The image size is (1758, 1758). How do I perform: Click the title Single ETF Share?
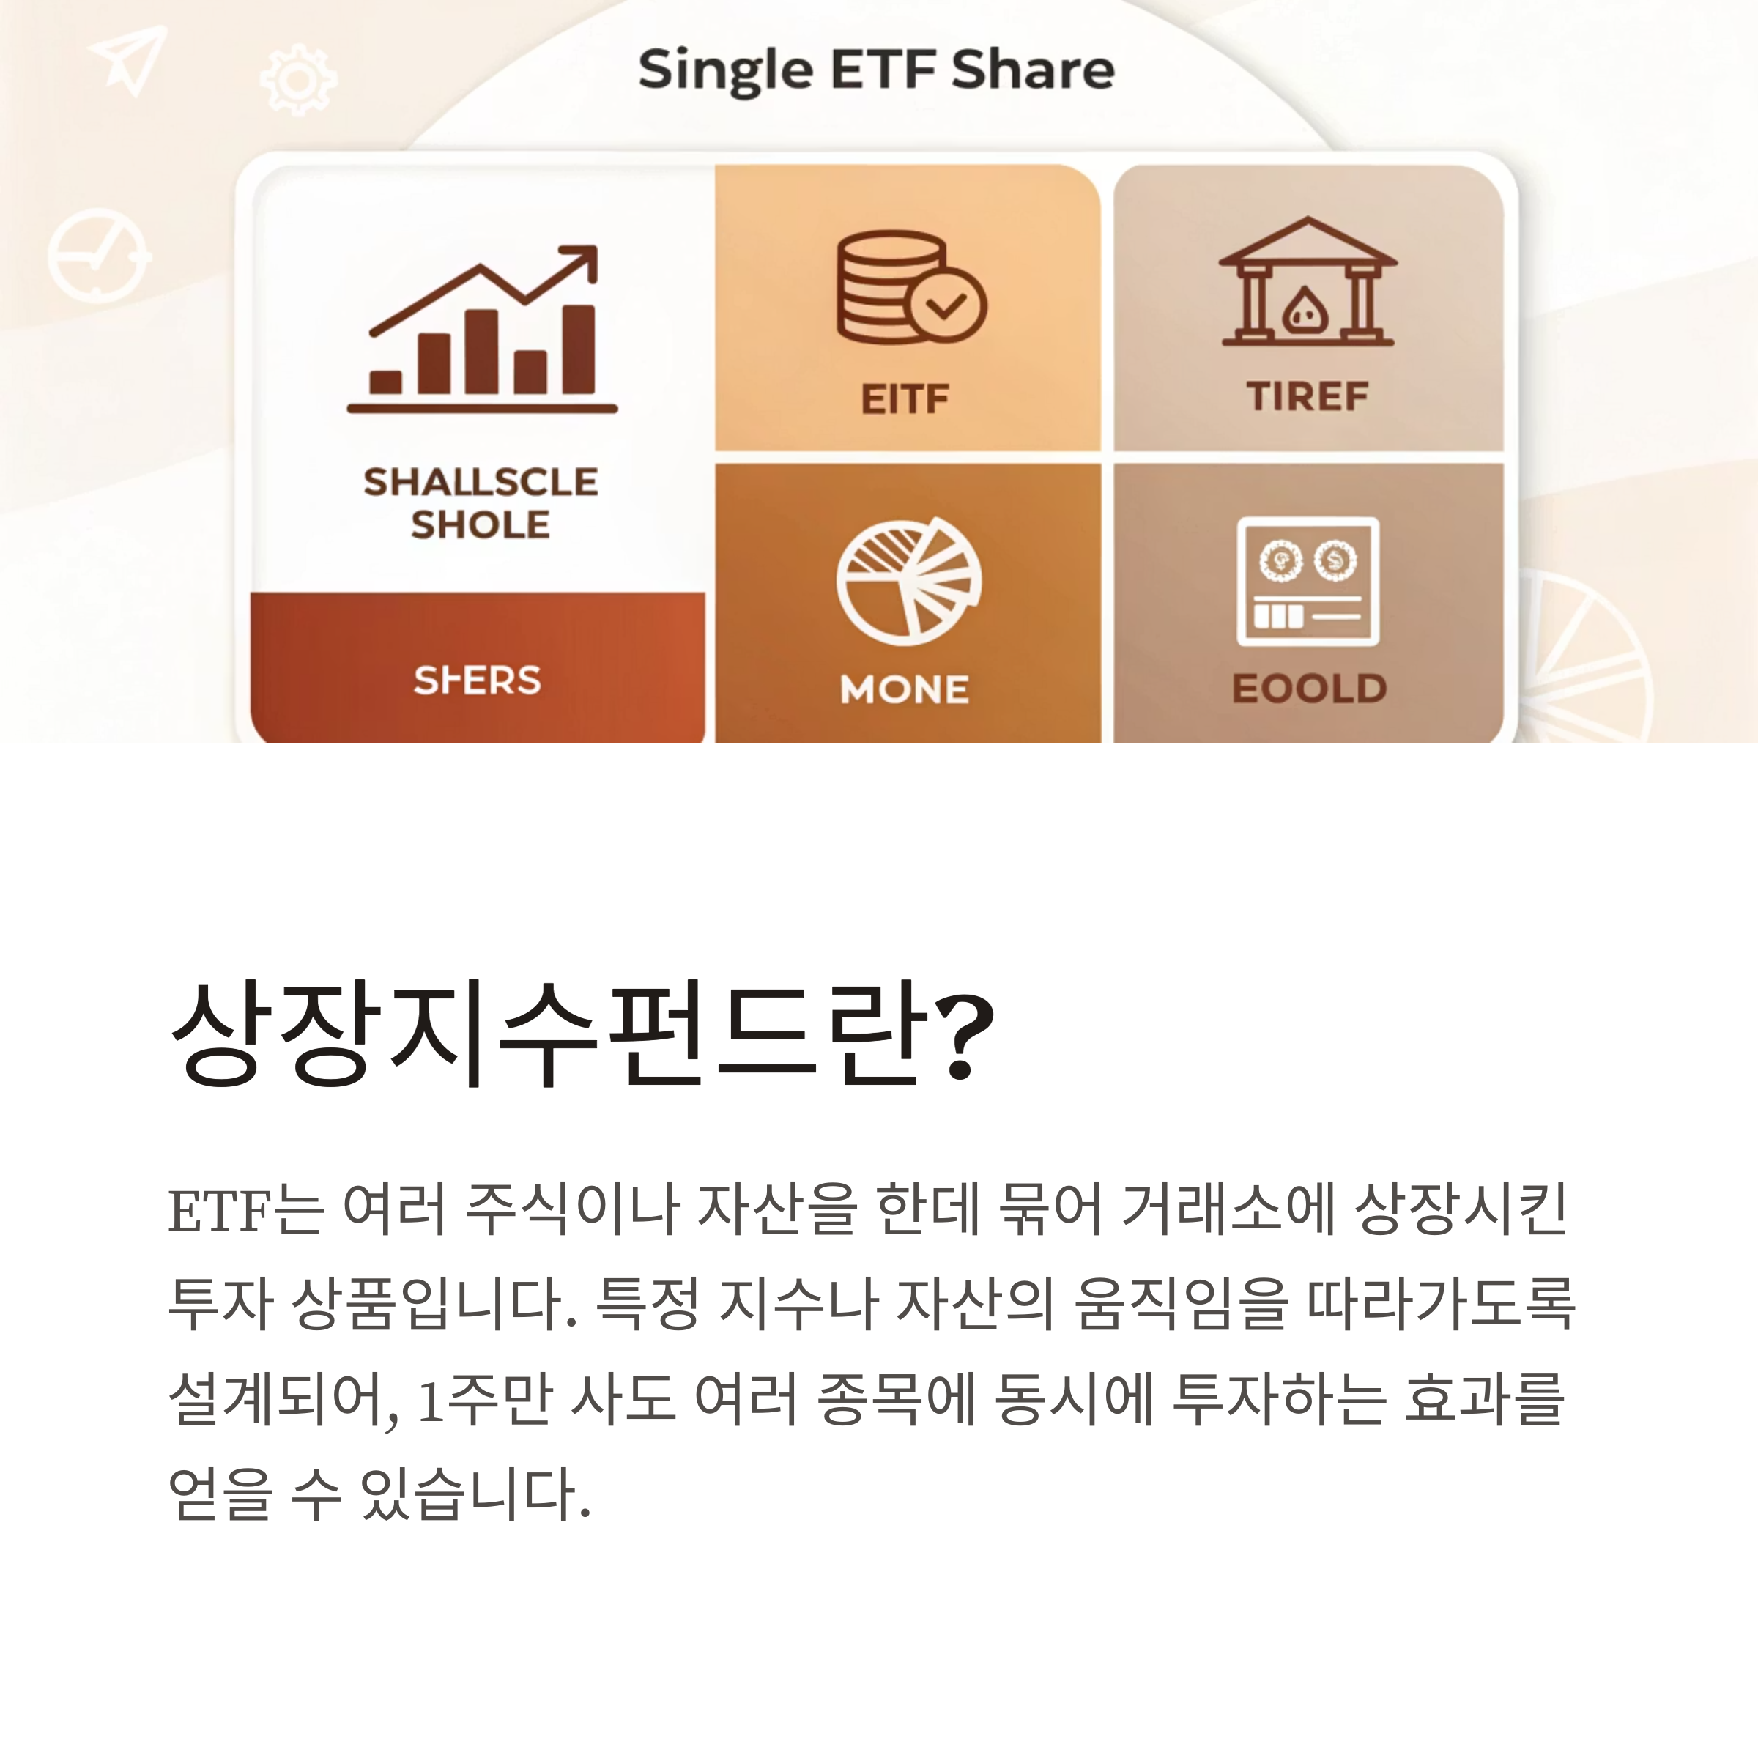click(875, 70)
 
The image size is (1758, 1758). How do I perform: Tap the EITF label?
click(905, 398)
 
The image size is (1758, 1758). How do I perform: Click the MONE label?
click(905, 689)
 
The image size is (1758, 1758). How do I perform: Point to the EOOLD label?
click(1308, 688)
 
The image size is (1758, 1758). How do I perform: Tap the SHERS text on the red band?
click(477, 680)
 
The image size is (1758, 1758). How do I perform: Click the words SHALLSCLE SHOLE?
click(481, 503)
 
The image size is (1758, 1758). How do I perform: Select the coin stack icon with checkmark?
click(910, 286)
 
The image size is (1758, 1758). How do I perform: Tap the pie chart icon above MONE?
click(908, 582)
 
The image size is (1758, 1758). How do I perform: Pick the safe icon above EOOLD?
click(1308, 581)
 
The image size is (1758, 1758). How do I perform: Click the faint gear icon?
click(297, 79)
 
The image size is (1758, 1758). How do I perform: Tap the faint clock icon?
click(98, 256)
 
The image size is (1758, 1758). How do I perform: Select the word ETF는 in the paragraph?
click(245, 1210)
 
